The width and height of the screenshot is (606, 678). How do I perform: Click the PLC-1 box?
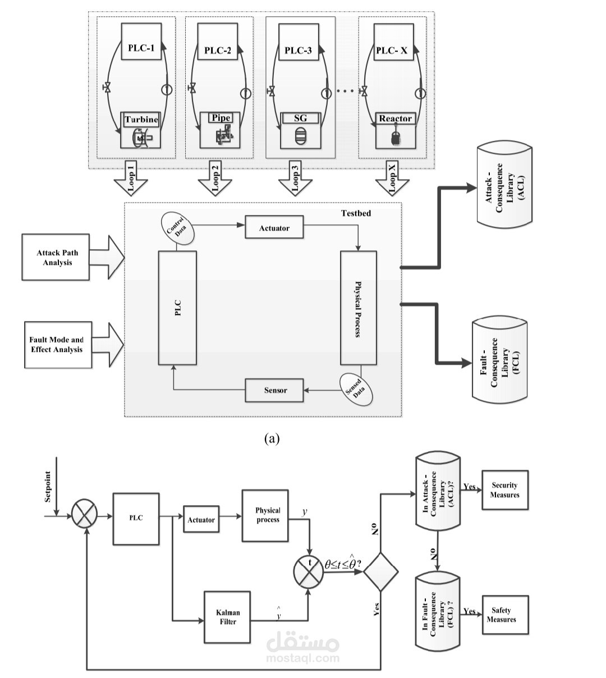pyautogui.click(x=141, y=42)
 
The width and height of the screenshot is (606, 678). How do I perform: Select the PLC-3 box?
pyautogui.click(x=299, y=42)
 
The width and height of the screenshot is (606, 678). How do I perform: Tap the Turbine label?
pyautogui.click(x=141, y=120)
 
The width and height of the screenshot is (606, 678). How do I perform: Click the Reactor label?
pyautogui.click(x=395, y=118)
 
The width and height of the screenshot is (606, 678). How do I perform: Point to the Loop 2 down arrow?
pyautogui.click(x=214, y=177)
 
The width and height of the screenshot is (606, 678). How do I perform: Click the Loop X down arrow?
pyautogui.click(x=392, y=178)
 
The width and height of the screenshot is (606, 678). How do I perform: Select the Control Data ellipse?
pyautogui.click(x=178, y=228)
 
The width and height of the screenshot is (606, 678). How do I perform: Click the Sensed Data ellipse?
pyautogui.click(x=356, y=390)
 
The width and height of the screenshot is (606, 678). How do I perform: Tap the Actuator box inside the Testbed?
pyautogui.click(x=274, y=227)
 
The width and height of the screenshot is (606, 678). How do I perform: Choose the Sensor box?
pyautogui.click(x=274, y=390)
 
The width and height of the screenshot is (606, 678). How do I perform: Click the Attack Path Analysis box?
pyautogui.click(x=56, y=257)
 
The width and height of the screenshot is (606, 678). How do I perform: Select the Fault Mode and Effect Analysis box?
pyautogui.click(x=58, y=345)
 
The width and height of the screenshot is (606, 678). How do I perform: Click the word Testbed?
pyautogui.click(x=356, y=213)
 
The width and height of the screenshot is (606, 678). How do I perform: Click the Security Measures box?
pyautogui.click(x=505, y=490)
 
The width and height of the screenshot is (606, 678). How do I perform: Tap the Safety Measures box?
pyautogui.click(x=505, y=615)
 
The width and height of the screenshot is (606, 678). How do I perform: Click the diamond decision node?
pyautogui.click(x=380, y=572)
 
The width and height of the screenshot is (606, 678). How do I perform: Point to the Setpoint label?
pyautogui.click(x=48, y=487)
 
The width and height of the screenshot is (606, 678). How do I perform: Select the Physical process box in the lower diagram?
pyautogui.click(x=265, y=516)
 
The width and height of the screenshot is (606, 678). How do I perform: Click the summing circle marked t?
pyautogui.click(x=309, y=571)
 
